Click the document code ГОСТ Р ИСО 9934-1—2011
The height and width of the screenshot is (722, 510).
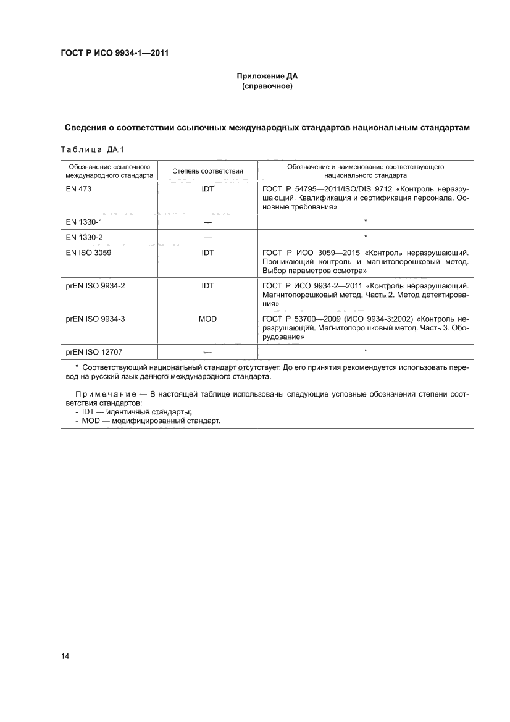pos(114,52)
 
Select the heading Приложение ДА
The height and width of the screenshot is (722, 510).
pos(267,77)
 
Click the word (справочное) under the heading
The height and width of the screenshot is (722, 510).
pos(267,86)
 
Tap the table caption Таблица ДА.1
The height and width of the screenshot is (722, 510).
pos(90,149)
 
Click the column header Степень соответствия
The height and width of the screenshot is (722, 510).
pos(207,170)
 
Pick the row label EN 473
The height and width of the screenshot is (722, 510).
pos(78,188)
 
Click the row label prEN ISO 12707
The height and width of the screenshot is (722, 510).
pos(94,351)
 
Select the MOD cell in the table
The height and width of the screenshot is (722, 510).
pos(207,319)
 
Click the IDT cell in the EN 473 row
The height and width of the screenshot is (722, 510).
pos(207,188)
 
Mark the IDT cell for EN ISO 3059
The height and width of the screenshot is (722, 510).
pos(207,253)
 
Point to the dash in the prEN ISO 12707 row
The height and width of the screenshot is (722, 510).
pos(207,351)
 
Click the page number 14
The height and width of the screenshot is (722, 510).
pos(65,656)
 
